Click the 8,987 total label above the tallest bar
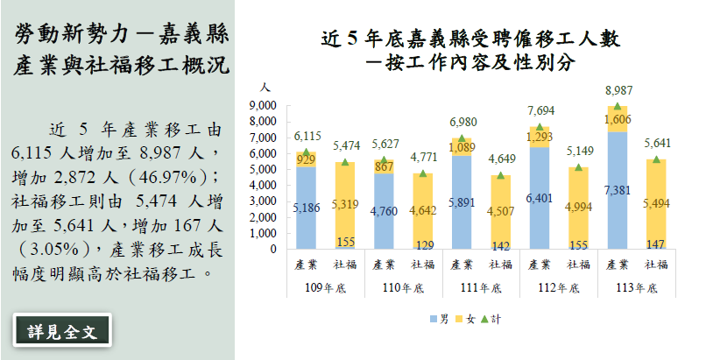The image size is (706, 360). click(618, 91)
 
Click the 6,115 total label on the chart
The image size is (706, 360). click(307, 137)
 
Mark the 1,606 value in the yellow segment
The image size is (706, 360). click(618, 119)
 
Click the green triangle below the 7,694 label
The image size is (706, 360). click(540, 128)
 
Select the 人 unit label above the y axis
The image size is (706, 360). click(265, 88)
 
